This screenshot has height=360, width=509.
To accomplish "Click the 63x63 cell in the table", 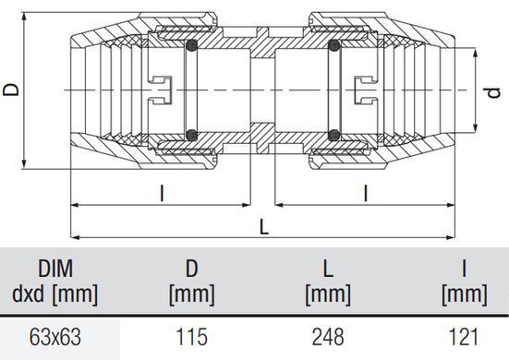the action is pos(55,337).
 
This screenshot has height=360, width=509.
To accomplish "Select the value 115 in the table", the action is pos(191,337).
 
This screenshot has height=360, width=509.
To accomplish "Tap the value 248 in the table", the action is pos(328,337).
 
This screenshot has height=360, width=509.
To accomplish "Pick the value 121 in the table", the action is pos(464,337).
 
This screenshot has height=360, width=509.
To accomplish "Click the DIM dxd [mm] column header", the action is pos(55,282).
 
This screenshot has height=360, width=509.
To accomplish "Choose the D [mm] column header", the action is pos(191,282).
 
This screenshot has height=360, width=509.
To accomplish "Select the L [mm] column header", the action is pos(328,282).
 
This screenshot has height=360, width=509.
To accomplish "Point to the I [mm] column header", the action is pos(465,282).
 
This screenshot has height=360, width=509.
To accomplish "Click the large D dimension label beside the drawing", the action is pos(11,90).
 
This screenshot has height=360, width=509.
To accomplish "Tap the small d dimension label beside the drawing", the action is pos(493,93).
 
